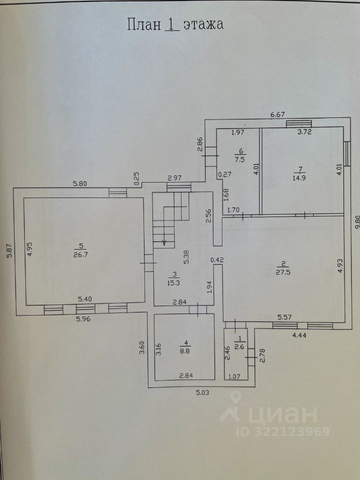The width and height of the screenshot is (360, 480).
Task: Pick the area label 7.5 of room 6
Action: pyautogui.click(x=240, y=160)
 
